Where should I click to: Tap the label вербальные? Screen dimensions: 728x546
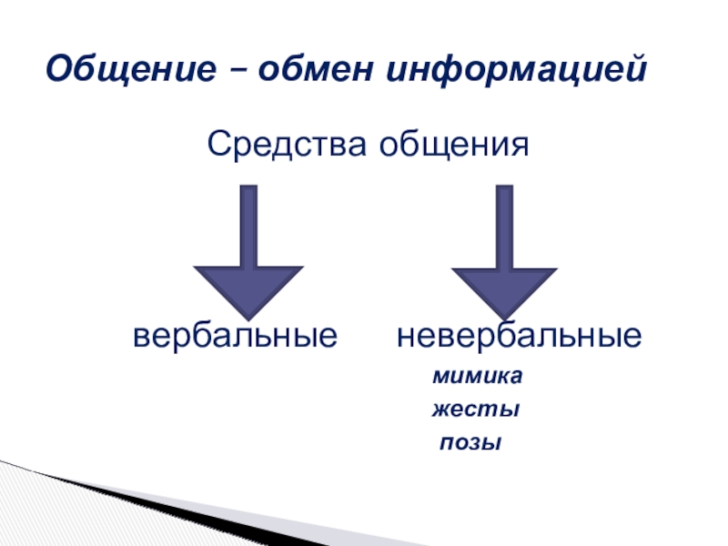tap(236, 337)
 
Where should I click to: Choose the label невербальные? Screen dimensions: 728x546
tap(518, 337)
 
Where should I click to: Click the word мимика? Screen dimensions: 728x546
tap(478, 376)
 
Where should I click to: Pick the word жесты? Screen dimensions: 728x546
tap(475, 410)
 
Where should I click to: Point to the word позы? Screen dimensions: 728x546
tap(470, 445)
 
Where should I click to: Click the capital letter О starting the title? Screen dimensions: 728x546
tap(60, 67)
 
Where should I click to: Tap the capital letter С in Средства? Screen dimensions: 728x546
tap(219, 143)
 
